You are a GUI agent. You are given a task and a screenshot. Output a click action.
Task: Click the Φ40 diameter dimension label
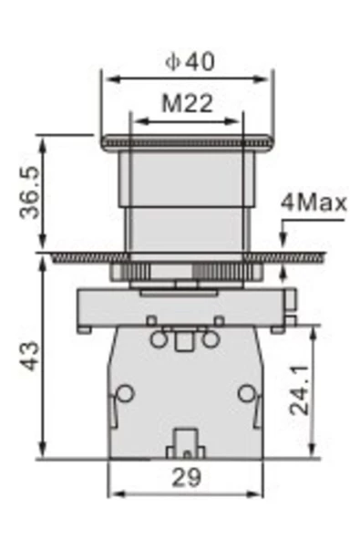tap(190, 62)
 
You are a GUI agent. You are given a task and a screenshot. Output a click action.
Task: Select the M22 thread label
tap(187, 103)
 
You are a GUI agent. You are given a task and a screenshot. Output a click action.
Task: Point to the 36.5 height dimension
tap(29, 192)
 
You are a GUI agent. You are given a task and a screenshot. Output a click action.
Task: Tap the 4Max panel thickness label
tap(314, 203)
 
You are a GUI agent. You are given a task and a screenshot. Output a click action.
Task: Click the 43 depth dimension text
tap(29, 356)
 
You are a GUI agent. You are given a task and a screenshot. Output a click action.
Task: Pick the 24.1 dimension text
tap(299, 390)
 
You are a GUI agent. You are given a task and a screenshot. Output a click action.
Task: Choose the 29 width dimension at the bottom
tap(186, 478)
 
